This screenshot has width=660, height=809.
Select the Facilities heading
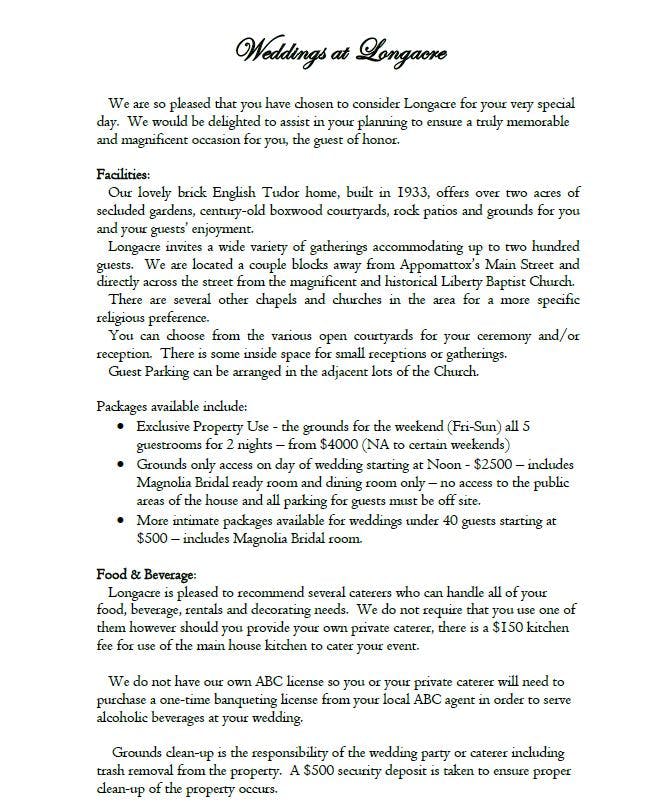123,174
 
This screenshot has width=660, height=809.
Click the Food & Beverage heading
146,574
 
